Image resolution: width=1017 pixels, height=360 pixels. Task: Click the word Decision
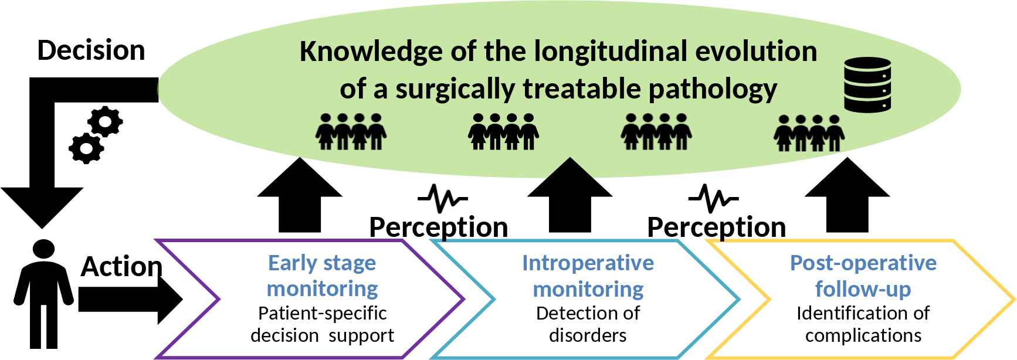click(x=91, y=50)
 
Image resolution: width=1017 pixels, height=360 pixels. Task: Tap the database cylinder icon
click(x=867, y=84)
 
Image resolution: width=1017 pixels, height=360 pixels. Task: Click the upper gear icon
click(x=105, y=122)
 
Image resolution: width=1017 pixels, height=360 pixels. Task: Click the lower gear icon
click(x=86, y=148)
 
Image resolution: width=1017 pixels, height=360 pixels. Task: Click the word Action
click(x=121, y=267)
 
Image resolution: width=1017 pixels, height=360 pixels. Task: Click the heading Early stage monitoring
click(x=322, y=276)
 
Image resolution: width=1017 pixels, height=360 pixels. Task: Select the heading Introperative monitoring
click(x=588, y=276)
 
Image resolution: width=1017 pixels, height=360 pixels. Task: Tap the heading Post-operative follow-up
click(x=863, y=276)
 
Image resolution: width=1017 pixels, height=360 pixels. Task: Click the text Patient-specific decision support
click(x=322, y=324)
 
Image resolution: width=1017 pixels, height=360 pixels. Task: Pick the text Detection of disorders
click(x=588, y=324)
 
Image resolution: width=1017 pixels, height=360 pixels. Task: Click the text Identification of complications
click(x=863, y=324)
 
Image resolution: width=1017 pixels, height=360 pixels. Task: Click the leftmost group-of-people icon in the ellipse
click(x=351, y=132)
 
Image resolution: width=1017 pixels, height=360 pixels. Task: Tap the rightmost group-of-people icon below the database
click(x=809, y=133)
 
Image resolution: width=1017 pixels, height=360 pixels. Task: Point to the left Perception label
click(x=438, y=227)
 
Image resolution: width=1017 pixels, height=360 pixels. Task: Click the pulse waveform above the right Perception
click(x=713, y=199)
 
